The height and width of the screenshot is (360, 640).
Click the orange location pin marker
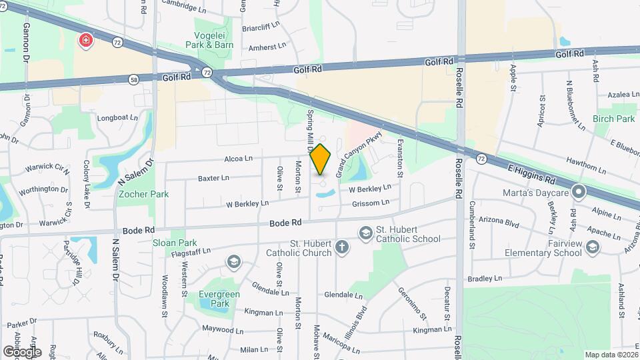pyautogui.click(x=321, y=159)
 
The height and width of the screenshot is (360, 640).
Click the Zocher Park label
pyautogui.click(x=143, y=194)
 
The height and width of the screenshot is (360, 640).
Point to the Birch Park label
pyautogui.click(x=614, y=119)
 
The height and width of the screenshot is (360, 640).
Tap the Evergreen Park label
pyautogui.click(x=214, y=299)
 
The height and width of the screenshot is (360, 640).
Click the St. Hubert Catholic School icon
pyautogui.click(x=365, y=233)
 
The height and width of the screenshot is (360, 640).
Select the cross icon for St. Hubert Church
pyautogui.click(x=341, y=248)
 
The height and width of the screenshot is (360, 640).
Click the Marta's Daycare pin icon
pyautogui.click(x=579, y=193)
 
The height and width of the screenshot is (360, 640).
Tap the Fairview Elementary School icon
pyautogui.click(x=592, y=249)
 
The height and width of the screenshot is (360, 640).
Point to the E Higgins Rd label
pyautogui.click(x=531, y=173)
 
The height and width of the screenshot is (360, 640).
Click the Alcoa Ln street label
pyautogui.click(x=238, y=158)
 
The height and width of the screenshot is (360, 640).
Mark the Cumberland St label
pyautogui.click(x=471, y=225)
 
